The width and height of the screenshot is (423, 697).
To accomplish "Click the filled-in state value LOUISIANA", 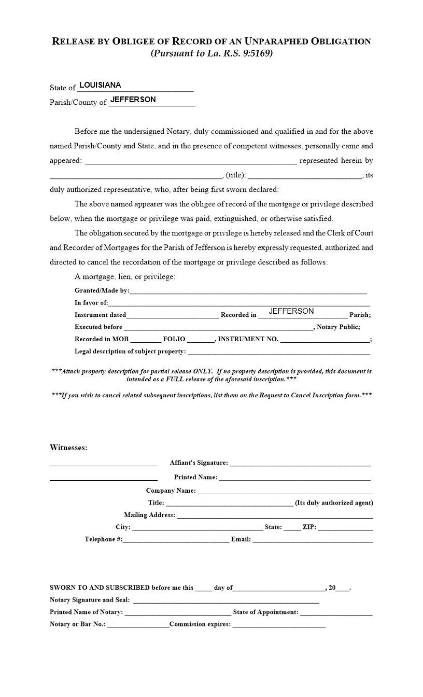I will [x=100, y=85].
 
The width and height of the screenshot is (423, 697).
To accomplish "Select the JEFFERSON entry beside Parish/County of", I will [x=133, y=100].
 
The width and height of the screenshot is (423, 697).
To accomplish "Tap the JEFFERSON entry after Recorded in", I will [x=291, y=311].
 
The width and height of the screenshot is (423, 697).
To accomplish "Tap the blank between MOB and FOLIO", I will [x=145, y=339].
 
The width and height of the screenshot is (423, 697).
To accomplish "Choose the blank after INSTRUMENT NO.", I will [x=325, y=339].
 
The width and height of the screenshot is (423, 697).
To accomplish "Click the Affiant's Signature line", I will [x=300, y=463].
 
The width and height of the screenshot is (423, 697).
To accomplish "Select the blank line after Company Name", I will [x=285, y=491].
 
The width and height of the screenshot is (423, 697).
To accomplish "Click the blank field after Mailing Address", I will [x=275, y=515].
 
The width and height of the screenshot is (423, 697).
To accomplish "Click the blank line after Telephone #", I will [x=176, y=539].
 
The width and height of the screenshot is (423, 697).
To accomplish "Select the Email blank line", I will [x=313, y=539].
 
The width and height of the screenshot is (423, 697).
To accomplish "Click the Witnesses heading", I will [x=68, y=448].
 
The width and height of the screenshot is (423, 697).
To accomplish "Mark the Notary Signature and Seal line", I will [x=226, y=600].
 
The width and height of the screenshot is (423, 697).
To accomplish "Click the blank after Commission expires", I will [x=279, y=624].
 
